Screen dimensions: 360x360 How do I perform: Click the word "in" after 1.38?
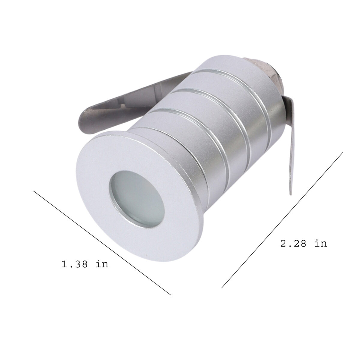click(x=102, y=264)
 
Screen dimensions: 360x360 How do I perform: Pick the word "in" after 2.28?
click(x=321, y=243)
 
